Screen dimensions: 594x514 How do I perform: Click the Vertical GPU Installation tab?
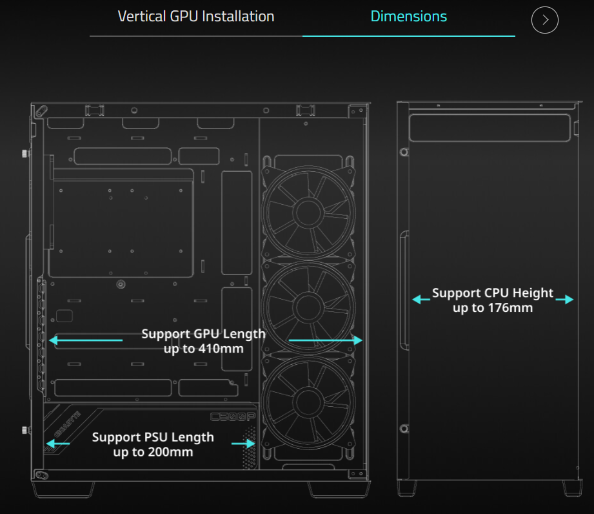point(196,17)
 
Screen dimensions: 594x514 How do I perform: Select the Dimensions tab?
point(409,17)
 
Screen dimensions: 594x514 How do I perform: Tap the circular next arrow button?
point(545,20)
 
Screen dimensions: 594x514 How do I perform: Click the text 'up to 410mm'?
point(203,349)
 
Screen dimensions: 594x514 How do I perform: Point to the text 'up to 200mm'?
point(153,452)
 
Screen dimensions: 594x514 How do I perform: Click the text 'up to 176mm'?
point(493,307)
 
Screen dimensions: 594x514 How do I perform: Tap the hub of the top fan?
point(308,213)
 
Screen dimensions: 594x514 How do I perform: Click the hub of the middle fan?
point(308,307)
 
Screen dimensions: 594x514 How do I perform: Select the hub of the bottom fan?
point(308,402)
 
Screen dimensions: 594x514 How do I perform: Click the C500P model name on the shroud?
point(233,417)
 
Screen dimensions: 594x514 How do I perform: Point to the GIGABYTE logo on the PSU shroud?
point(68,424)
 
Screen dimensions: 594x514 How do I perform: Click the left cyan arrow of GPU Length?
point(86,340)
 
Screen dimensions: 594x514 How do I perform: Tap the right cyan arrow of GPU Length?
point(326,340)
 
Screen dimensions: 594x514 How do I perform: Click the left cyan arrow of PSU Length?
point(57,443)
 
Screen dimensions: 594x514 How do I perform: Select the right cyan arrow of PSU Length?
point(243,444)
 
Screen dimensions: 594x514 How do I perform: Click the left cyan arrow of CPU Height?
point(421,300)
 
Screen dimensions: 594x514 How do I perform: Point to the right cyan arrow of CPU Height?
point(564,300)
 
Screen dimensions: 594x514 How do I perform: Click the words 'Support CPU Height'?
point(493,293)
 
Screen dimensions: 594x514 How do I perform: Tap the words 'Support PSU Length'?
point(153,437)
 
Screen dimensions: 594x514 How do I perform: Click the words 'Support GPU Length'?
point(203,334)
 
